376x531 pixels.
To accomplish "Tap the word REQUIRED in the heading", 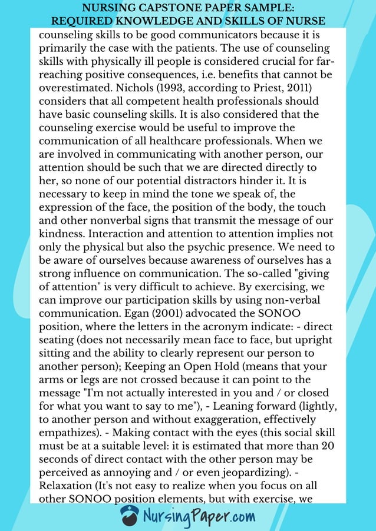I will coord(79,21).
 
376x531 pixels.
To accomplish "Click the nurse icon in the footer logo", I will coord(130,516).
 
